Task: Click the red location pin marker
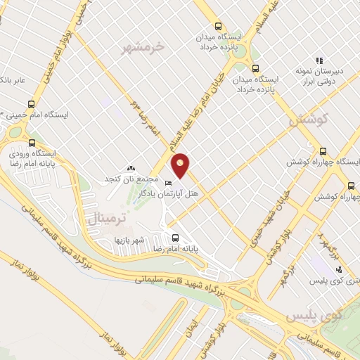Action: [x=181, y=165]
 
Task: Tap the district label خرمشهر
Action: [x=143, y=47]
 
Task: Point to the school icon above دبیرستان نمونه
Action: [x=319, y=60]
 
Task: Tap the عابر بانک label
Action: [x=13, y=79]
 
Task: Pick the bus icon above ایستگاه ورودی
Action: [x=32, y=142]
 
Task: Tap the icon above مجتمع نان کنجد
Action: [x=130, y=168]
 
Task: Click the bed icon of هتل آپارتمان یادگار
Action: [x=167, y=184]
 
